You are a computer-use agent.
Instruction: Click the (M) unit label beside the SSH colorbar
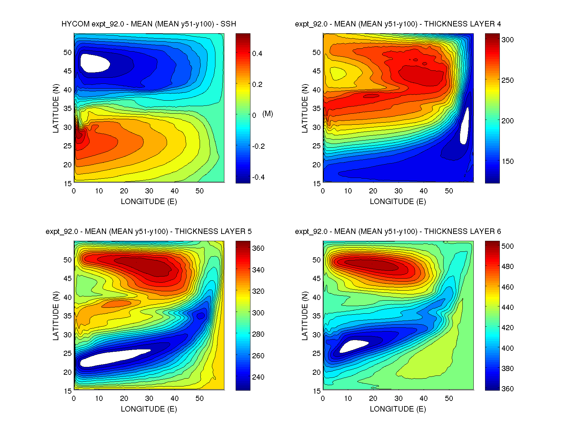(x=268, y=114)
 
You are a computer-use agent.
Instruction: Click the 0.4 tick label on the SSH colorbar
(x=257, y=54)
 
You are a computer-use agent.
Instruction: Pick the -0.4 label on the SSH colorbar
(x=258, y=177)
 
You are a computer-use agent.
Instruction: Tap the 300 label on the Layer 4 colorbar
(x=507, y=40)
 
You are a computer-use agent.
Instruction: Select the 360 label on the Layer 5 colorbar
(x=258, y=248)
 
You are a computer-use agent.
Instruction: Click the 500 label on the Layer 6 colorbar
(x=507, y=246)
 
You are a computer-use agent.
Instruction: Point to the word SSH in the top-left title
(x=228, y=24)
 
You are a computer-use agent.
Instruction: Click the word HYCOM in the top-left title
(x=75, y=24)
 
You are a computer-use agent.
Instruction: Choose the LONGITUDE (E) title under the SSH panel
(x=149, y=202)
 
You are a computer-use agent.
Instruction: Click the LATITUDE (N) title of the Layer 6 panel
(x=305, y=316)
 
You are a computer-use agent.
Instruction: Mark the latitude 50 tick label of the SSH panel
(x=68, y=53)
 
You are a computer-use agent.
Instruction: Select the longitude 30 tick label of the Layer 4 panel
(x=398, y=191)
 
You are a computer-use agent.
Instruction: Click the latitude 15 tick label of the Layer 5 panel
(x=68, y=391)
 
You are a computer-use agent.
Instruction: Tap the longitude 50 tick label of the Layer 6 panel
(x=449, y=398)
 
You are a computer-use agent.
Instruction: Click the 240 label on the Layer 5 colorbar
(x=258, y=377)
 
